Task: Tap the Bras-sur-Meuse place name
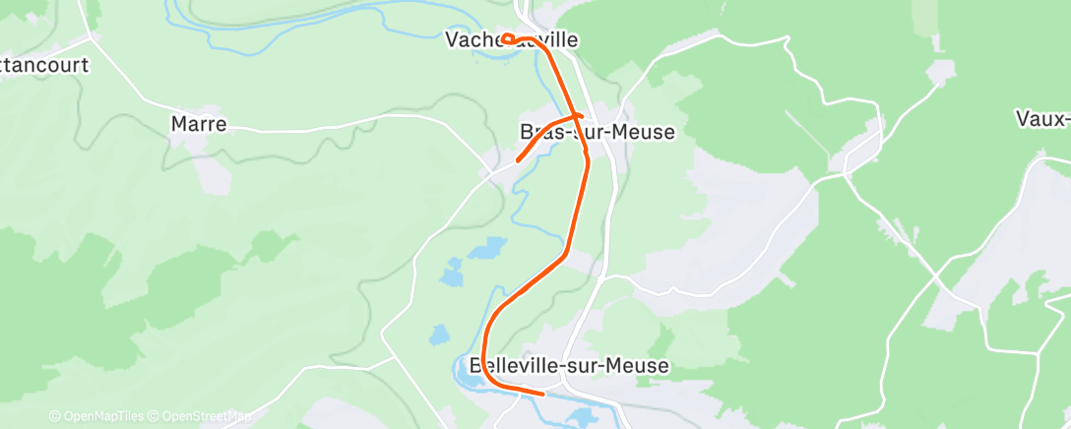[597, 131]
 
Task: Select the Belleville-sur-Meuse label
[570, 366]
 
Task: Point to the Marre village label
[199, 124]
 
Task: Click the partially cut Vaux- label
[1043, 119]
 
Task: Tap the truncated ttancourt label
[44, 66]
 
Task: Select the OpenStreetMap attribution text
[201, 416]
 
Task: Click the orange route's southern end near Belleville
[541, 394]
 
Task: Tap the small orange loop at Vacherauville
[508, 39]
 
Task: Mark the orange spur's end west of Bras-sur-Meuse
[519, 159]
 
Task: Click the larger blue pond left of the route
[487, 248]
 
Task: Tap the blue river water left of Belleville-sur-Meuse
[464, 371]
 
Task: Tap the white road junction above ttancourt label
[90, 38]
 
